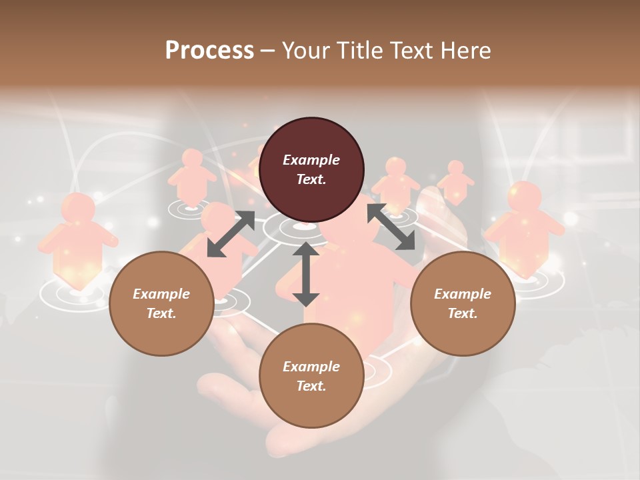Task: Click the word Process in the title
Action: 209,51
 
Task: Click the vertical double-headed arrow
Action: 306,274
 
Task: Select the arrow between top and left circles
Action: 231,234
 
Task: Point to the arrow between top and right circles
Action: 391,227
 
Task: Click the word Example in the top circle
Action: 311,160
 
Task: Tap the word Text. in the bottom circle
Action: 311,386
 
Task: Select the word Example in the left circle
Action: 161,294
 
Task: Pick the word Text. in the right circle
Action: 463,313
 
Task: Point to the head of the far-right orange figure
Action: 525,197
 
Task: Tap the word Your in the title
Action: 303,51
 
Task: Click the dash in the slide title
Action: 268,51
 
